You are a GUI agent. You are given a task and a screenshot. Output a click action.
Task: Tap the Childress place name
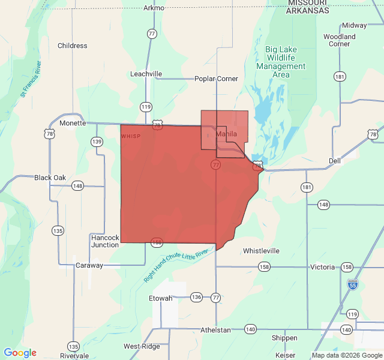[x=72, y=46]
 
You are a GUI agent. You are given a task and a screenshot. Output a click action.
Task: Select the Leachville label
[x=146, y=74]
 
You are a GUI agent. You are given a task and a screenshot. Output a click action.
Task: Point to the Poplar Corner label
[x=216, y=79]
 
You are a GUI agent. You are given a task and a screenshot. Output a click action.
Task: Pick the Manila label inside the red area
[x=227, y=134]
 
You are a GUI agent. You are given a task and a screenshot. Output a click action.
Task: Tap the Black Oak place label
[x=50, y=178]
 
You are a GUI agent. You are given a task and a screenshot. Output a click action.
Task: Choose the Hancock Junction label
[x=105, y=241]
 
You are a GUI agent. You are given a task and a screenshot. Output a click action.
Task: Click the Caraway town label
[x=89, y=265]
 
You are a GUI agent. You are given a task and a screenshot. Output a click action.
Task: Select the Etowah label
[x=161, y=298]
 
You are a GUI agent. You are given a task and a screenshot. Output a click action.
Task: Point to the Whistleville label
[x=261, y=250]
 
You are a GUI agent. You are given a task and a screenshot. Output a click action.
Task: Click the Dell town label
[x=335, y=161]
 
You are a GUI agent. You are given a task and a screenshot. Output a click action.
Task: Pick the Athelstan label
[x=215, y=329]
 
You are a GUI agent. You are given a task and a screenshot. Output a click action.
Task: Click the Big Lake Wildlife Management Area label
[x=281, y=62]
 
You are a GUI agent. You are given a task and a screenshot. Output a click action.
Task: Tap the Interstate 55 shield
[x=353, y=284]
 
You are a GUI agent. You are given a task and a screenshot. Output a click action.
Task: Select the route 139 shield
[x=97, y=142]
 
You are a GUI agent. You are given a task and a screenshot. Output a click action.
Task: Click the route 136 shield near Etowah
[x=196, y=297]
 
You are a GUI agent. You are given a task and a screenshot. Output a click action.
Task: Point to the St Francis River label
[x=31, y=79]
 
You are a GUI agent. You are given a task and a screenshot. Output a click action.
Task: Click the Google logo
[x=20, y=353]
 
